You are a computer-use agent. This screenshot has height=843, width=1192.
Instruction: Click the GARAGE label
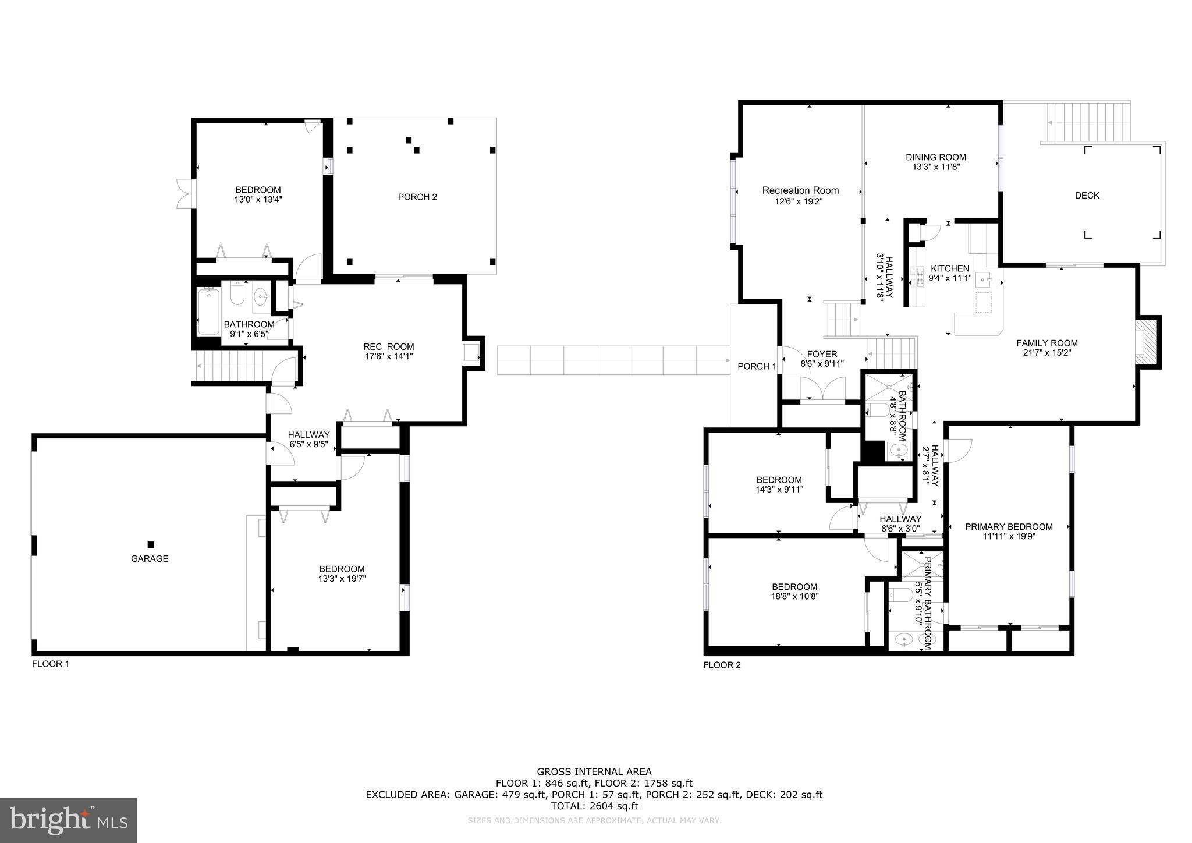(x=150, y=558)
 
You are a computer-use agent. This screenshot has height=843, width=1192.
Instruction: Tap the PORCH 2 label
(x=417, y=197)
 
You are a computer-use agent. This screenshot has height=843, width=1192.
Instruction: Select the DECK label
(x=1087, y=196)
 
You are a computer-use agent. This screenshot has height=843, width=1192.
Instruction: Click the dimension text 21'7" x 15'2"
(x=1046, y=352)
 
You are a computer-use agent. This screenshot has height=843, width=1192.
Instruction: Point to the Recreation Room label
(x=800, y=190)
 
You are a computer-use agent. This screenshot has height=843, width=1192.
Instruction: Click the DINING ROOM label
(x=935, y=157)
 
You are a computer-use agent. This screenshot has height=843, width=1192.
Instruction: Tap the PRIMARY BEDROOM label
(x=1009, y=527)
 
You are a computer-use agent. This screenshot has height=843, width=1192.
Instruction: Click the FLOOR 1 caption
(x=51, y=664)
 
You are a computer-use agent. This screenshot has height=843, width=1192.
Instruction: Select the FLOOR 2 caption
(x=722, y=665)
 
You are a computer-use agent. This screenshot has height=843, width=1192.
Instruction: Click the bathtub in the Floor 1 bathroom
(x=208, y=312)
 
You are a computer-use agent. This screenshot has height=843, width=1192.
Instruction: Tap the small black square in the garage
(x=151, y=545)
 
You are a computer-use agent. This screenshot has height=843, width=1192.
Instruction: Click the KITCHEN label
(x=950, y=268)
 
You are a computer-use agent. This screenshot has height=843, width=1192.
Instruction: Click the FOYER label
(x=822, y=354)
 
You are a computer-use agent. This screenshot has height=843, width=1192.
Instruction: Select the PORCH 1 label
(x=757, y=366)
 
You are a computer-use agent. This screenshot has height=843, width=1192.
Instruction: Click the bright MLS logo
(x=68, y=820)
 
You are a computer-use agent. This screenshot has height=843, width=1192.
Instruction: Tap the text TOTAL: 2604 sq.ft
(x=594, y=806)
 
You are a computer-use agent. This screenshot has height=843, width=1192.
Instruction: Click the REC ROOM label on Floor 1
(x=388, y=346)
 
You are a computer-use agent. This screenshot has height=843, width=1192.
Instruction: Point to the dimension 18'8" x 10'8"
(x=794, y=596)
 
